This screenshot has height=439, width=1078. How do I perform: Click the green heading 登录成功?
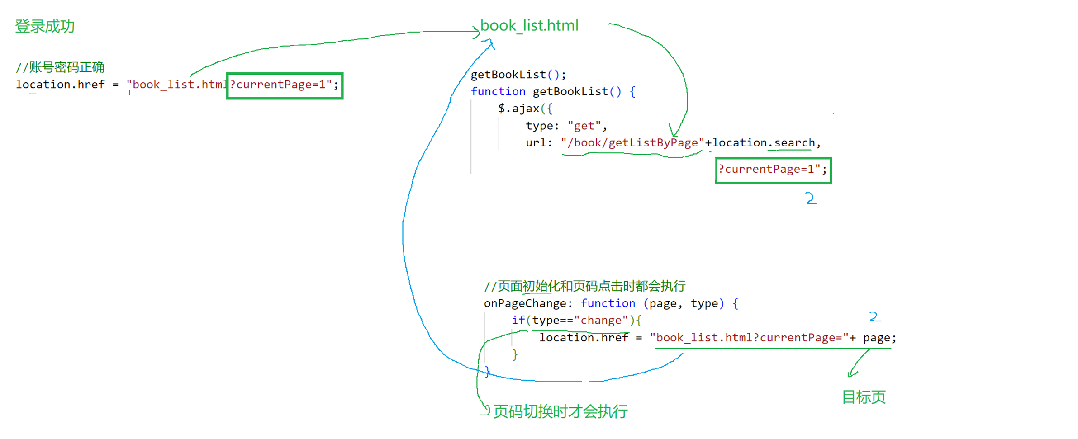[45, 26]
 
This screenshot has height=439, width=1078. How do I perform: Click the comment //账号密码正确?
[60, 67]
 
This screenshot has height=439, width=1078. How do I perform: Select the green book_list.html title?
[529, 25]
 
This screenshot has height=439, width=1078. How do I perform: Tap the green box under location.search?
[773, 170]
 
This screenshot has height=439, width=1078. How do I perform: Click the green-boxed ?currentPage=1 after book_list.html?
[285, 85]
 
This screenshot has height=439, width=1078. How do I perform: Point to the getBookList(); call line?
[518, 75]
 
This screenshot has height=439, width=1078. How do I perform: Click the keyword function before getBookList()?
[498, 92]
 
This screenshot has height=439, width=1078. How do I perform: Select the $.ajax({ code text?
[525, 109]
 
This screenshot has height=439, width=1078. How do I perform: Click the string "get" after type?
[584, 126]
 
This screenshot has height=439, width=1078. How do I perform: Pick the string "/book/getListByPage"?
[632, 143]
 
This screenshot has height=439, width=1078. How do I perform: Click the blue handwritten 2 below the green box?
[811, 198]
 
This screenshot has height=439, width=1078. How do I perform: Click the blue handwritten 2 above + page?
[875, 316]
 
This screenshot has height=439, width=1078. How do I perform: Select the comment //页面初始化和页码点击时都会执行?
[584, 286]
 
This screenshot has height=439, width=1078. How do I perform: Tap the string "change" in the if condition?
[601, 321]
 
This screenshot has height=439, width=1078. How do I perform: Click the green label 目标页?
[863, 397]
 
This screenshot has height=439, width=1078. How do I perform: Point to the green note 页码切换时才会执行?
[560, 411]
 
